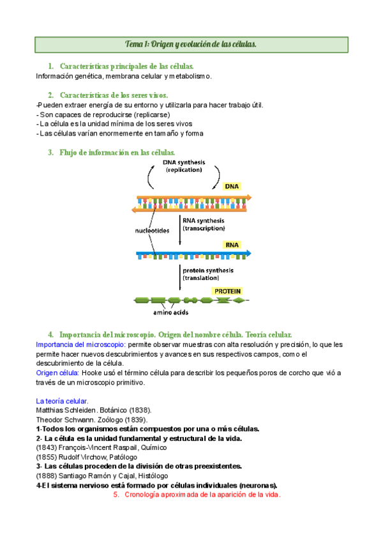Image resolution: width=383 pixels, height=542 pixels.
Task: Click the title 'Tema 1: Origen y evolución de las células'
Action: pyautogui.click(x=191, y=44)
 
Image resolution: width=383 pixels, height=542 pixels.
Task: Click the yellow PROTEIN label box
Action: pyautogui.click(x=227, y=291)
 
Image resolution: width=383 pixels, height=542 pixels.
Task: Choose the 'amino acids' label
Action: pyautogui.click(x=170, y=313)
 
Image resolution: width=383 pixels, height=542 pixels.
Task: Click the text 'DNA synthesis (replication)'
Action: pyautogui.click(x=183, y=166)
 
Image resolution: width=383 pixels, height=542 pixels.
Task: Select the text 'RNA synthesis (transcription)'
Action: pyautogui.click(x=204, y=224)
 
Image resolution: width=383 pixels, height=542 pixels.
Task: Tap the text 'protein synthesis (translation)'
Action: pyautogui.click(x=208, y=274)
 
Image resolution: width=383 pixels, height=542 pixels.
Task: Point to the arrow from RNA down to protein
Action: pyautogui.click(x=180, y=277)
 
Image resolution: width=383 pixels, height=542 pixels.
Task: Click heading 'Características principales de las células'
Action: pyautogui.click(x=126, y=66)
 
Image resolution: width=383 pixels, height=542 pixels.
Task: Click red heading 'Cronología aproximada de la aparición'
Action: pyautogui.click(x=202, y=495)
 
